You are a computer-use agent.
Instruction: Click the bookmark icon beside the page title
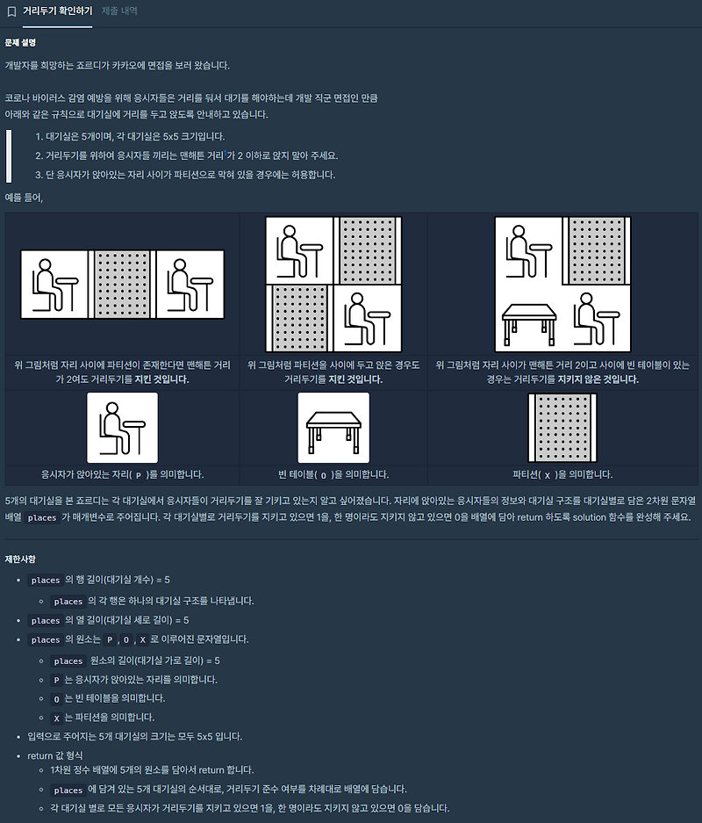point(11,11)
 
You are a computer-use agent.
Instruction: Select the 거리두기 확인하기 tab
point(58,11)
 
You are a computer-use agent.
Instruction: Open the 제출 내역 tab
point(119,11)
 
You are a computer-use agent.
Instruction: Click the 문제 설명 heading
point(20,42)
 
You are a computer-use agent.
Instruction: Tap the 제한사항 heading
point(20,559)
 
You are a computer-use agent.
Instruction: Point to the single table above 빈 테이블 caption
point(333,428)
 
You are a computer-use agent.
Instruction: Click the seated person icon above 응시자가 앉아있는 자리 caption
point(122,428)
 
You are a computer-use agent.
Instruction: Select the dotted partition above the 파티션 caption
point(562,428)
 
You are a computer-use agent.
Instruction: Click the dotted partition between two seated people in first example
point(122,285)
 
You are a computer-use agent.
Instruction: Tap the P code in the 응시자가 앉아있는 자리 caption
point(139,475)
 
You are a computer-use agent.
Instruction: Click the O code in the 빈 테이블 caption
point(324,475)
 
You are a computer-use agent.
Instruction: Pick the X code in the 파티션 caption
point(548,475)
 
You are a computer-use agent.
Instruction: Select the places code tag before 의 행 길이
point(46,580)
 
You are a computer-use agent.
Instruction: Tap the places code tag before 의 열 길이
point(46,620)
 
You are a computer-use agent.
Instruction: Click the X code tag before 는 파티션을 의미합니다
point(57,718)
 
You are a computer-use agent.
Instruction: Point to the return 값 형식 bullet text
point(55,755)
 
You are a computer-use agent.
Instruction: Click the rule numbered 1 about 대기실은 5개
point(130,136)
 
